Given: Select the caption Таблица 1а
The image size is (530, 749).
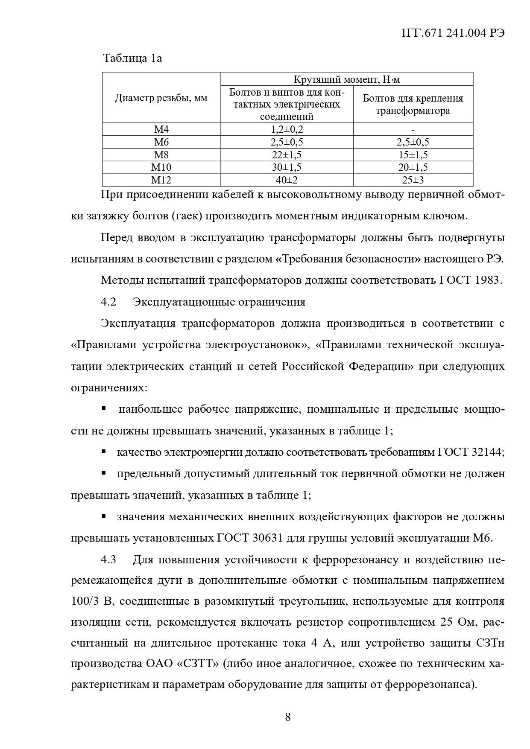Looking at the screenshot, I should point(132,58).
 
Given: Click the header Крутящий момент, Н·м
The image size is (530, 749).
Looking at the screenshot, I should point(347,79).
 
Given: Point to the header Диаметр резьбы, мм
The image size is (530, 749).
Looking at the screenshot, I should point(161,98).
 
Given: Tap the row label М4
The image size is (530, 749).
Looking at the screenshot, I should point(161,129).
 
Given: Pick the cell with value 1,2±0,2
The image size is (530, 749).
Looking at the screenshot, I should point(287,129).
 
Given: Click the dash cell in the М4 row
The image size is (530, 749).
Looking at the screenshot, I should point(413,129).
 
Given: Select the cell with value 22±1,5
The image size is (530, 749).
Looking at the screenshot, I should point(287,154).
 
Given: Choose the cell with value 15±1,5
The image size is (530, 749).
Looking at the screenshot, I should point(413,154).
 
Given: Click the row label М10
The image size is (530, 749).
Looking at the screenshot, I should point(161,167).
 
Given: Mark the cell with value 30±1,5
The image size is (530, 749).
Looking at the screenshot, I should point(287,167).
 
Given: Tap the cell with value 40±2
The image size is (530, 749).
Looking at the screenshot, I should point(287,180).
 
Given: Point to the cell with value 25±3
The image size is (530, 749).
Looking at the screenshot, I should point(413,180).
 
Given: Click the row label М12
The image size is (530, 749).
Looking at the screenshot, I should point(161,180).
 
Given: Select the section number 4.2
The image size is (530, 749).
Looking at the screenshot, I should point(108,302).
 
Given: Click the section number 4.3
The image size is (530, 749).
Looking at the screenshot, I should point(108,560).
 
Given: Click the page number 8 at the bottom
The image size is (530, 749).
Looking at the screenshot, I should point(288,717).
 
